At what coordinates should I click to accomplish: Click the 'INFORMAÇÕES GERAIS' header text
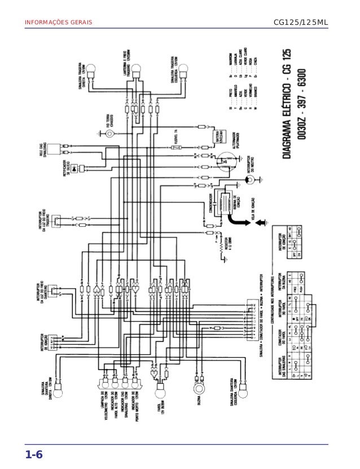(x=57, y=22)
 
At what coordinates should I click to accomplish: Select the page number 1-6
(x=33, y=454)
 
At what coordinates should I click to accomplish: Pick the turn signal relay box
(x=55, y=149)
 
